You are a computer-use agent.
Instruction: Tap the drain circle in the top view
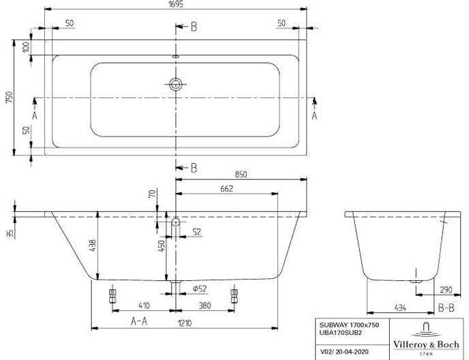click(176, 85)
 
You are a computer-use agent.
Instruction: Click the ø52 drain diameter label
click(197, 288)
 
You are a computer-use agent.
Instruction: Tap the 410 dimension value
click(143, 306)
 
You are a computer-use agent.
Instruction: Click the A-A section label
click(140, 320)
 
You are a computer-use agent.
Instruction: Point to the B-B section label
click(447, 307)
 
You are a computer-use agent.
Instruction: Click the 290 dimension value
click(446, 289)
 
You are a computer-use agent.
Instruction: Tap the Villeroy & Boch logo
click(427, 335)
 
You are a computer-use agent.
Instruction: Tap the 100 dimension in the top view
click(25, 47)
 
